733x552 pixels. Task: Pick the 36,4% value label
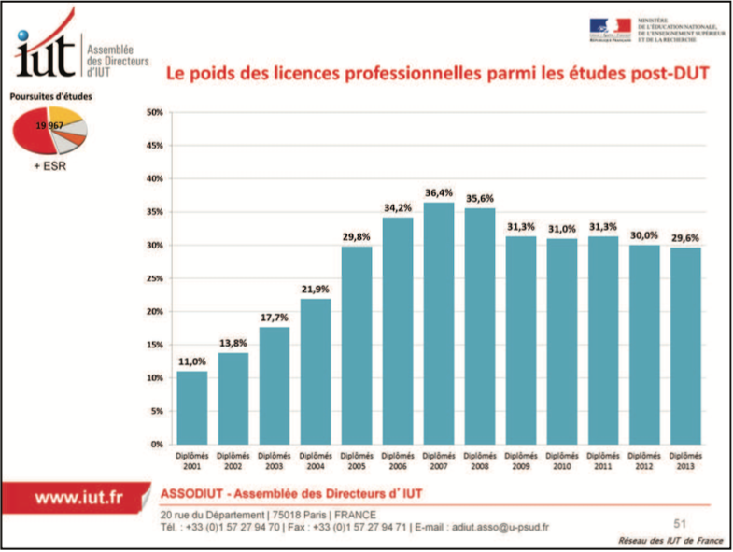coord(439,193)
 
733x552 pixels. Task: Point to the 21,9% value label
coord(316,290)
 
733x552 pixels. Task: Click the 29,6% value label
coord(685,238)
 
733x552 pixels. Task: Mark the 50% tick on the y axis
coord(156,112)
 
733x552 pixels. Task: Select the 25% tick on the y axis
coord(156,278)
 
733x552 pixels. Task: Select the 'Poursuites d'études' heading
coord(50,96)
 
